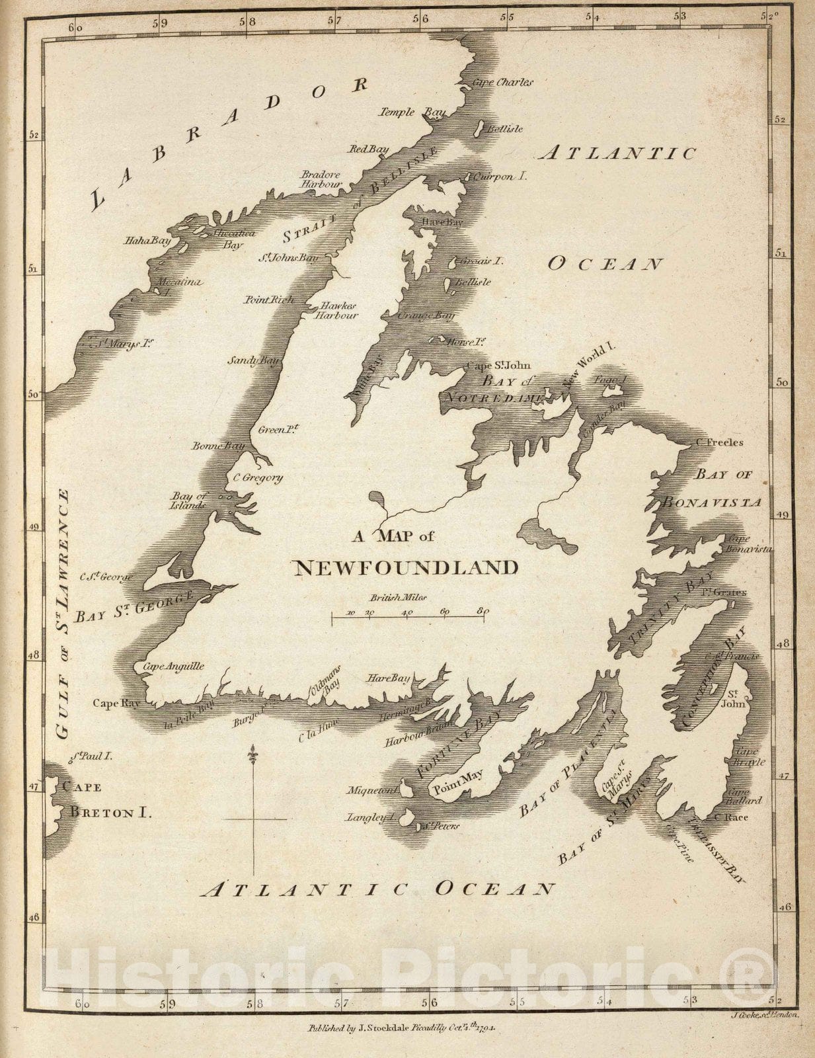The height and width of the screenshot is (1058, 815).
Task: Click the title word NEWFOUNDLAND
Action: (x=405, y=567)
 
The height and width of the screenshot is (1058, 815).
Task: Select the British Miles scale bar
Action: (x=409, y=616)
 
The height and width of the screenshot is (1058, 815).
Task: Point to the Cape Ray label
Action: (x=116, y=704)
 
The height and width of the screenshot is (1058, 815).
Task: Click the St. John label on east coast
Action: (x=736, y=699)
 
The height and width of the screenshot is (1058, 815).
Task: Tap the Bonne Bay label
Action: (x=218, y=446)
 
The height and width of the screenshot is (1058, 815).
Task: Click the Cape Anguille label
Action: (x=174, y=667)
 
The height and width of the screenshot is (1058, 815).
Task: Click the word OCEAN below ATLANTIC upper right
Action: (x=605, y=264)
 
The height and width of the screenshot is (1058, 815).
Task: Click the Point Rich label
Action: (x=268, y=300)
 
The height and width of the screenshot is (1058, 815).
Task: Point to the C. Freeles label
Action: (x=719, y=442)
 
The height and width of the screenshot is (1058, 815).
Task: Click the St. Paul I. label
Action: (x=91, y=755)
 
